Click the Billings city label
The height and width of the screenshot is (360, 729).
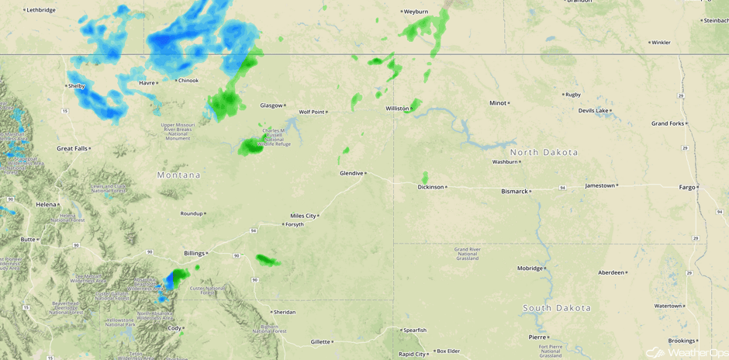pyautogui.click(x=194, y=253)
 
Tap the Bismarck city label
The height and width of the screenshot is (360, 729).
pyautogui.click(x=514, y=191)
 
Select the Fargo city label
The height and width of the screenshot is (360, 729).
pyautogui.click(x=687, y=187)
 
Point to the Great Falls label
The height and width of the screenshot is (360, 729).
pyautogui.click(x=73, y=148)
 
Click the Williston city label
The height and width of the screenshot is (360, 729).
pyautogui.click(x=397, y=109)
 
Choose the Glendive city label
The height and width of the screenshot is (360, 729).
pyautogui.click(x=351, y=173)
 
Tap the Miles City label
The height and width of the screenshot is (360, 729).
pyautogui.click(x=303, y=216)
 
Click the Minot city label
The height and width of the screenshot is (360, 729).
pyautogui.click(x=497, y=103)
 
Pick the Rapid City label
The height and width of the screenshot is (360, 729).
pyautogui.click(x=412, y=354)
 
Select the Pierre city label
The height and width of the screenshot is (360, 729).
pyautogui.click(x=537, y=337)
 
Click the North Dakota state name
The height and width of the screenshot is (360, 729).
pyautogui.click(x=544, y=152)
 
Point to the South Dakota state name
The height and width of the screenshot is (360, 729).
pyautogui.click(x=558, y=308)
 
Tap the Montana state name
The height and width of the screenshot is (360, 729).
pyautogui.click(x=178, y=175)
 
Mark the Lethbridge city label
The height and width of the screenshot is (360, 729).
pyautogui.click(x=40, y=10)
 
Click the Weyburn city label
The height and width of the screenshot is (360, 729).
pyautogui.click(x=416, y=12)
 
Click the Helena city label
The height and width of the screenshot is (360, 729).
pyautogui.click(x=46, y=204)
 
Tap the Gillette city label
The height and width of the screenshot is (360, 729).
pyautogui.click(x=320, y=341)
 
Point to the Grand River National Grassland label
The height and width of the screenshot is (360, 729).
pyautogui.click(x=468, y=254)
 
